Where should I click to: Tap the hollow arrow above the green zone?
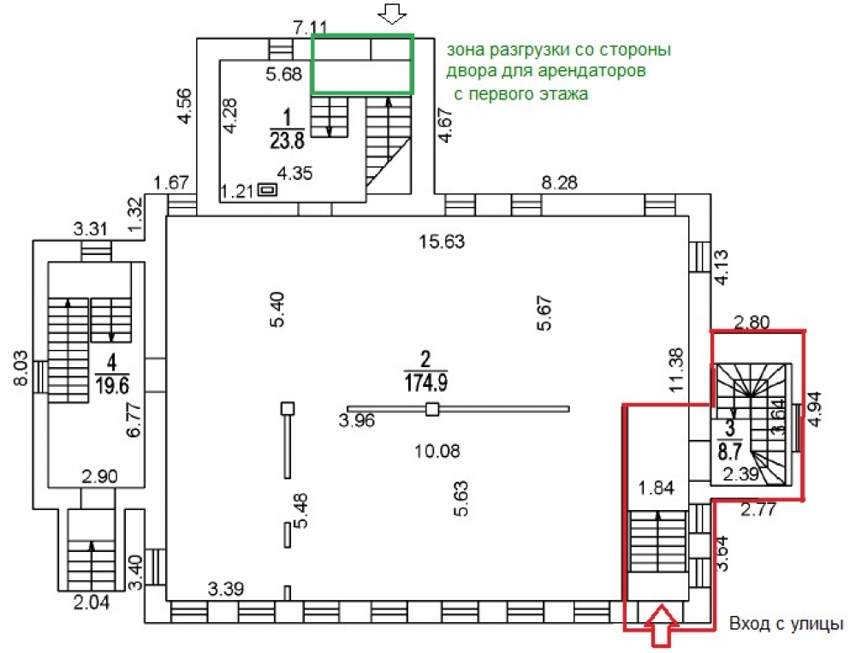(394, 14)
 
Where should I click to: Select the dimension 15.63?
(442, 242)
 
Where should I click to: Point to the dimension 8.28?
(562, 182)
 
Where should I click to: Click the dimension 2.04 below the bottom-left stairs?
(92, 601)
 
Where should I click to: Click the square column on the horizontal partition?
(432, 409)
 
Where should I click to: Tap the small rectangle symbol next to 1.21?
(268, 190)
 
